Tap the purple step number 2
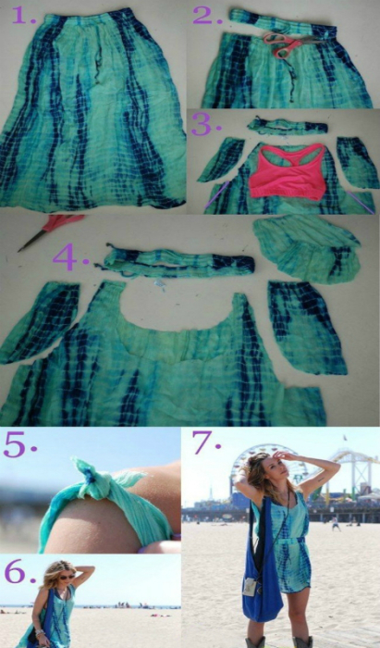pos(207,16)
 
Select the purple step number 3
pos(206,124)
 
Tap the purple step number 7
pos(206,443)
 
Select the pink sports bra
pos(288,171)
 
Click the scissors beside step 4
pos(51,231)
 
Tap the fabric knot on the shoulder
pos(88,479)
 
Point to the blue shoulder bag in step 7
pos(261,571)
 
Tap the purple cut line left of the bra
pos(217,194)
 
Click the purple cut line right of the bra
pos(361,202)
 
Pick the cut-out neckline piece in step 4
pos(307,248)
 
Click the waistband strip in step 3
pos(288,126)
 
